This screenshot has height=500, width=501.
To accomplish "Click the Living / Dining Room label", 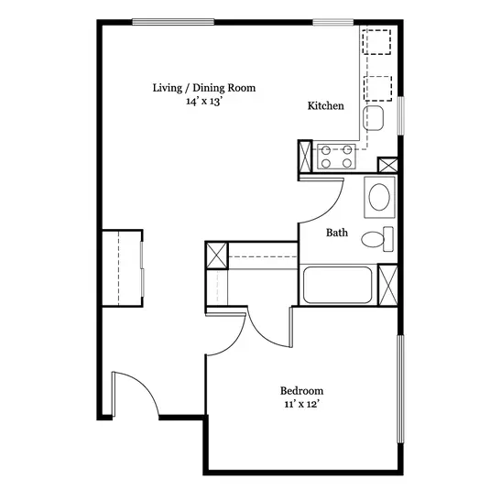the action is pyautogui.click(x=204, y=88).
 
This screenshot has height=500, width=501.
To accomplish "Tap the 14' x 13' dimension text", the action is pyautogui.click(x=204, y=102).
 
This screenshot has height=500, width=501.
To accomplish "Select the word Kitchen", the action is pyautogui.click(x=325, y=105).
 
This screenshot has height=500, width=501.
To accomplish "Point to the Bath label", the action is pyautogui.click(x=337, y=233).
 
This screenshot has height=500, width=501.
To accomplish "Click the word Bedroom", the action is pyautogui.click(x=301, y=391).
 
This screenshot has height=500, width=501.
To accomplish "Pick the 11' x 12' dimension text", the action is pyautogui.click(x=302, y=405).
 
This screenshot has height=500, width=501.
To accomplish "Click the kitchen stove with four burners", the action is pyautogui.click(x=336, y=157).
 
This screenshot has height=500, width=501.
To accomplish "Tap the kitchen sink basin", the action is pyautogui.click(x=373, y=118).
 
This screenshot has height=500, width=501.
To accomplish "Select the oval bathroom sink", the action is pyautogui.click(x=379, y=197).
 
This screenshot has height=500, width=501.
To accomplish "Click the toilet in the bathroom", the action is pyautogui.click(x=377, y=239).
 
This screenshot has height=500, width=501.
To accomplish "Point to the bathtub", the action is pyautogui.click(x=337, y=285).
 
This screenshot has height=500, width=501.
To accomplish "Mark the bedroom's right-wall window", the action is pyautogui.click(x=400, y=389).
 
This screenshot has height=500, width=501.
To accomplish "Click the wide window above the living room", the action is pyautogui.click(x=173, y=22).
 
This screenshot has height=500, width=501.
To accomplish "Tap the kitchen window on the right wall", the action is pyautogui.click(x=400, y=115).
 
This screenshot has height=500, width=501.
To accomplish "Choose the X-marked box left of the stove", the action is pyautogui.click(x=305, y=157).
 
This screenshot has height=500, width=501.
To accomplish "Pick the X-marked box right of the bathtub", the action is pyautogui.click(x=388, y=285).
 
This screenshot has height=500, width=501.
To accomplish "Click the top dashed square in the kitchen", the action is pyautogui.click(x=376, y=42).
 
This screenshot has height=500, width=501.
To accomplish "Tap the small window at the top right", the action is pyautogui.click(x=333, y=22).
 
